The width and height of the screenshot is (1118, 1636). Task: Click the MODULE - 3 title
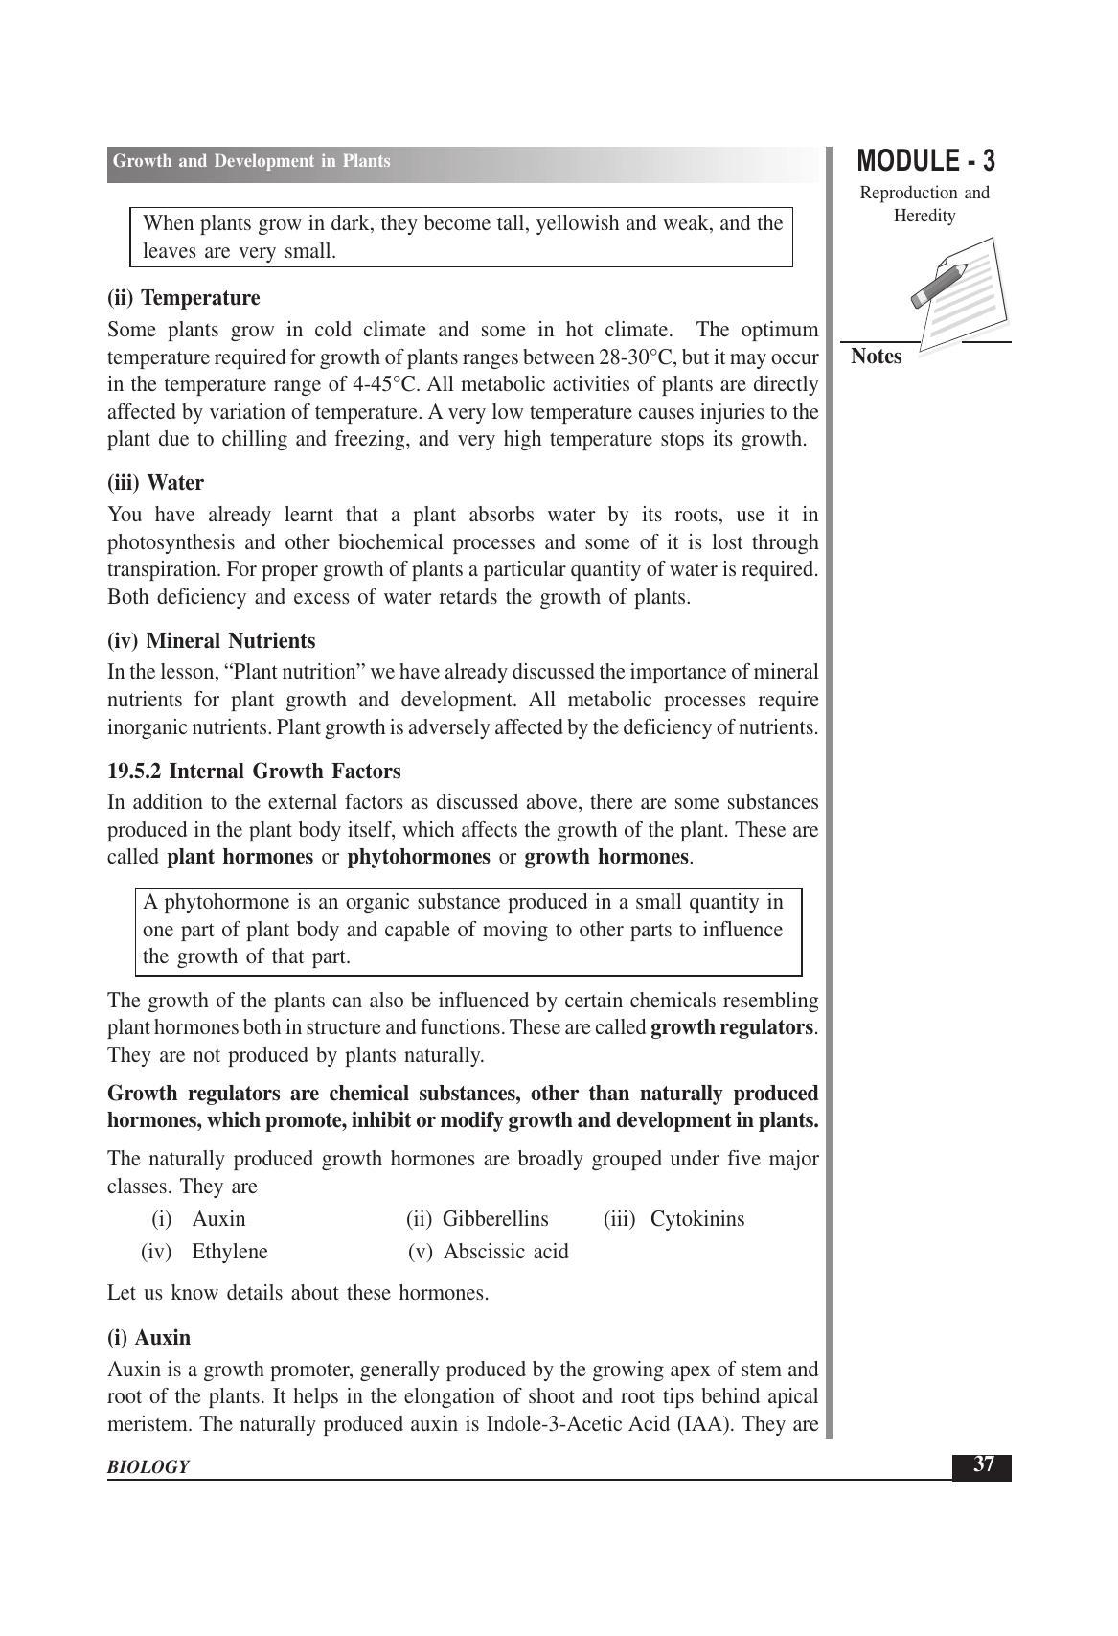[x=924, y=161]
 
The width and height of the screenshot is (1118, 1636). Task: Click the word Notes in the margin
[x=876, y=357]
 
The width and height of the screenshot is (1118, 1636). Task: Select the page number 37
[x=983, y=1464]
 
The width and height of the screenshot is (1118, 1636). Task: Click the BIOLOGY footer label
[x=148, y=1466]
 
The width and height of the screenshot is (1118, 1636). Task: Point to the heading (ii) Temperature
[x=183, y=298]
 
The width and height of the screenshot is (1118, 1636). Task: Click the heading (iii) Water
[x=155, y=483]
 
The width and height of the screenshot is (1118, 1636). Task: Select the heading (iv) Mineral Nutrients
[x=211, y=641]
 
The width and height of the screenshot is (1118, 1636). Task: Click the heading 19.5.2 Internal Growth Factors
[x=254, y=772]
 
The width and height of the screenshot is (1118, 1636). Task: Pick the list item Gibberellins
[x=495, y=1219]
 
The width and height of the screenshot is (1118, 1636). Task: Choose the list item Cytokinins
[x=696, y=1219]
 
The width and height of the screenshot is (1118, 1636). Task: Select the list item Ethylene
[x=230, y=1252]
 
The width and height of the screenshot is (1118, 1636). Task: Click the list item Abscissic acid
[x=506, y=1252]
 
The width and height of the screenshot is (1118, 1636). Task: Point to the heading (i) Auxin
[x=148, y=1338]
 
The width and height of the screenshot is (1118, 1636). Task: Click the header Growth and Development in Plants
[x=251, y=161]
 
